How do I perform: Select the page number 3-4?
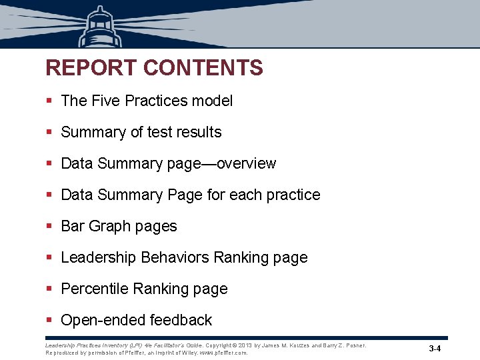[x=435, y=349]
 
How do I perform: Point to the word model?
[x=213, y=101]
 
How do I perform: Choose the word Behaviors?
[x=176, y=257]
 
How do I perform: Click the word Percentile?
[x=95, y=289]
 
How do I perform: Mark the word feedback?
[x=181, y=320]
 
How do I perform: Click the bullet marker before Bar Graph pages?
[x=49, y=227]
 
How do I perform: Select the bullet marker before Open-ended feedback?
[x=49, y=321]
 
